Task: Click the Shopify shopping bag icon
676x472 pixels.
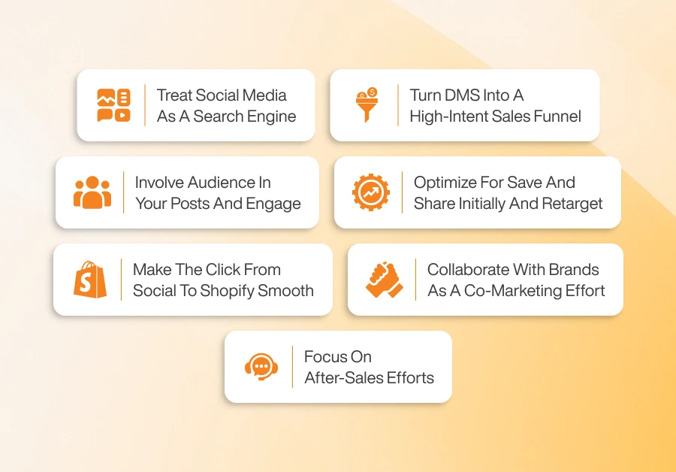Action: point(90,279)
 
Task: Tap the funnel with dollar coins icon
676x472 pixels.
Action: point(366,105)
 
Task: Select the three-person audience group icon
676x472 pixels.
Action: point(92,192)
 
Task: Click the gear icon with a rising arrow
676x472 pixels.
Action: point(371,192)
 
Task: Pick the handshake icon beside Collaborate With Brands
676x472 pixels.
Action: point(385,279)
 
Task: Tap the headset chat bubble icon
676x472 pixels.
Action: point(261,366)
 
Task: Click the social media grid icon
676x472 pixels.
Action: point(113,105)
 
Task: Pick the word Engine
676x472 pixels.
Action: point(273,116)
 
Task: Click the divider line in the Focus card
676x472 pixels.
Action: point(292,366)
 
